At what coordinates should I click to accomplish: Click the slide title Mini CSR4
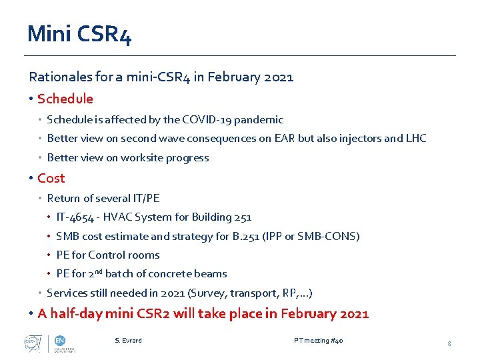click(x=79, y=34)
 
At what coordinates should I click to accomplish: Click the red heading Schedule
click(x=65, y=99)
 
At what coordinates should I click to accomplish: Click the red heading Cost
click(x=51, y=179)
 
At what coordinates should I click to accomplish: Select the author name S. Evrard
click(x=128, y=341)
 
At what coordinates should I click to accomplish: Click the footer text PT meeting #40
click(x=319, y=341)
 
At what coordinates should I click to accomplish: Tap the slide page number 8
click(x=449, y=343)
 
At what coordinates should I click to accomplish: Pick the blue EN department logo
click(x=60, y=340)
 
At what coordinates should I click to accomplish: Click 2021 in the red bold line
click(x=353, y=314)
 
